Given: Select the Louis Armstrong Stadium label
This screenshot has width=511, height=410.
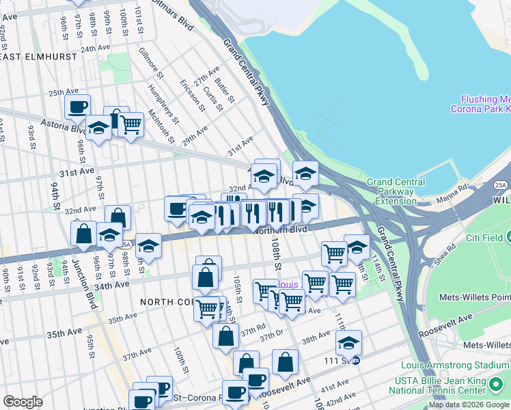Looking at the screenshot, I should pyautogui.click(x=455, y=364).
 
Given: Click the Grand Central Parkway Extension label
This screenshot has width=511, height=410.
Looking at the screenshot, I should pyautogui.click(x=396, y=191).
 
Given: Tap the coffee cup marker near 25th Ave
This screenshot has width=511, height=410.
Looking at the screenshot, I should pyautogui.click(x=77, y=107).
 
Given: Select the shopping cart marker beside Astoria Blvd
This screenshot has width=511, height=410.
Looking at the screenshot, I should pyautogui.click(x=130, y=125).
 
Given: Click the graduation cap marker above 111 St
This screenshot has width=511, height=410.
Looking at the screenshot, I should pyautogui.click(x=348, y=342).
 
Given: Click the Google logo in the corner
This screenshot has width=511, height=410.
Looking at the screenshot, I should pyautogui.click(x=23, y=402).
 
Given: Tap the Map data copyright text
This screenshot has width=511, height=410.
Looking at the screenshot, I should pyautogui.click(x=469, y=405).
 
